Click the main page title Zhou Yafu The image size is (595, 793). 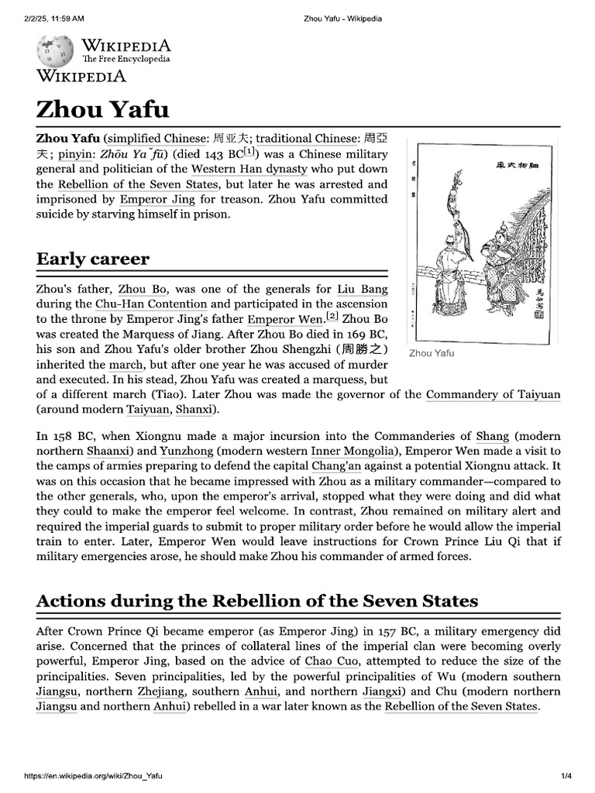pos(102,108)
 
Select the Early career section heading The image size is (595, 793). pos(93,258)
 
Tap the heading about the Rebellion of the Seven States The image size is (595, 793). pos(256,600)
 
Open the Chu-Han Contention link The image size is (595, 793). pos(151,304)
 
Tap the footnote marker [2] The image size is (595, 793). pos(332,316)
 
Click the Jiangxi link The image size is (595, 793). pos(383,692)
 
